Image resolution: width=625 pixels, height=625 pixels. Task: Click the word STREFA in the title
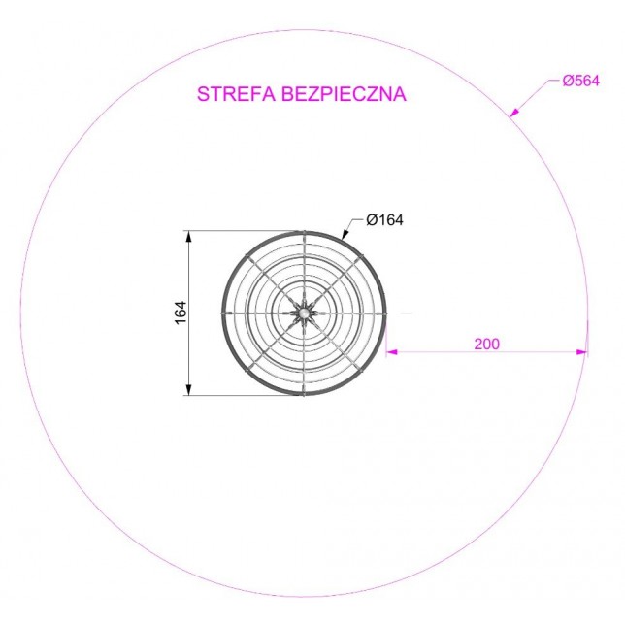click(236, 94)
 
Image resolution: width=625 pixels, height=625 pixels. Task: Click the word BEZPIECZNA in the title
click(344, 94)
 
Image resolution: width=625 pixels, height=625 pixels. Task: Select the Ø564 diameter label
click(580, 81)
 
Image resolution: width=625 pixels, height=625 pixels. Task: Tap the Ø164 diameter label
click(384, 219)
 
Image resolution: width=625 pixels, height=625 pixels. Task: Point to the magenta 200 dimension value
click(486, 344)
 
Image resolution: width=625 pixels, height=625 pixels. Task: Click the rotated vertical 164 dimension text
click(181, 312)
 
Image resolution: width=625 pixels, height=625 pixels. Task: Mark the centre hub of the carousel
click(304, 313)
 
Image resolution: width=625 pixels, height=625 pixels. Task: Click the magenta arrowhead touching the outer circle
click(514, 113)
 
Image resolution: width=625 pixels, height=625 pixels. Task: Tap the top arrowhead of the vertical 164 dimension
click(188, 237)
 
